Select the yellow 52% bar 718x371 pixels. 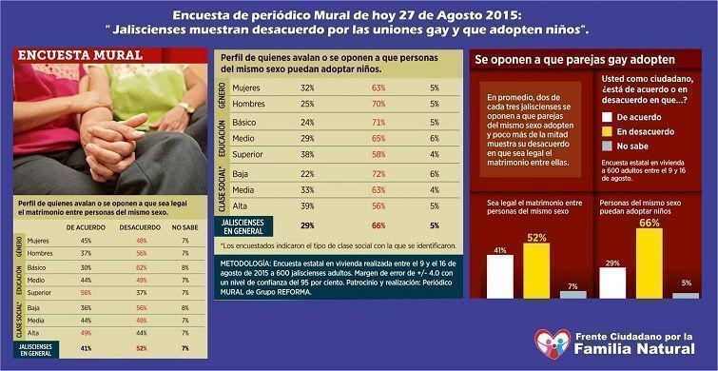pos(536,270)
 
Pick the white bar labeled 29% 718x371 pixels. pos(613,283)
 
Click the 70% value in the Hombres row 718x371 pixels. pos(351,103)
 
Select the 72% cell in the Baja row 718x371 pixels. pos(351,174)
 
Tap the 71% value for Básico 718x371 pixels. pos(351,122)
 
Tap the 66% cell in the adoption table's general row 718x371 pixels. pos(351,226)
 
